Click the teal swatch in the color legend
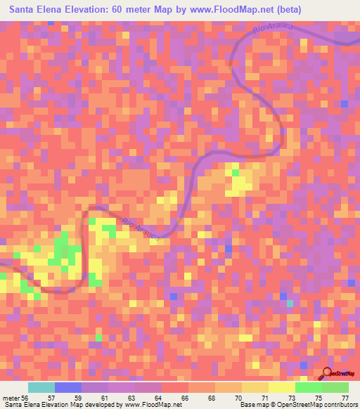pyautogui.click(x=41, y=387)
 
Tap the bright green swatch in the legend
pyautogui.click(x=309, y=387)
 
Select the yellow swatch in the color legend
pyautogui.click(x=282, y=387)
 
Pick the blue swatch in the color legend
pyautogui.click(x=68, y=387)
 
